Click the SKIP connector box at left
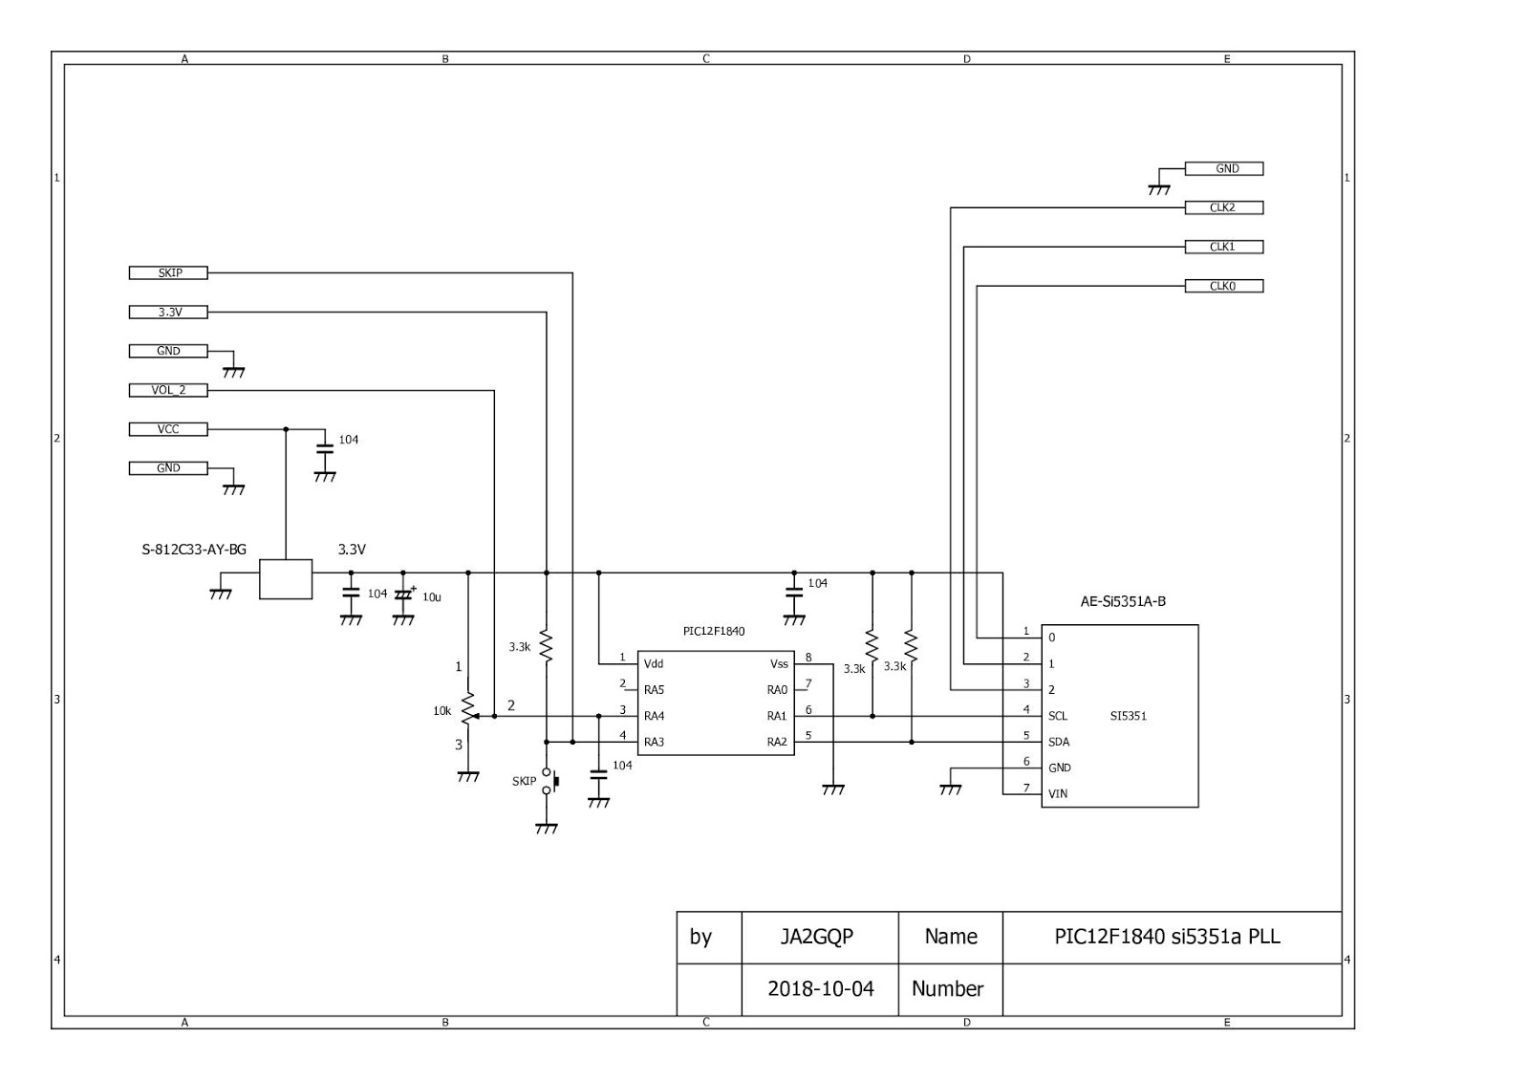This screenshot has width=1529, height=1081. point(168,273)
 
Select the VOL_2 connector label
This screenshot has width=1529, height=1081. point(168,390)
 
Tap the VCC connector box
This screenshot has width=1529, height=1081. point(168,429)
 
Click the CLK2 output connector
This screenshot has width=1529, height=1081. point(1223,207)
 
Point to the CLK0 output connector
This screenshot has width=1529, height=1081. point(1223,286)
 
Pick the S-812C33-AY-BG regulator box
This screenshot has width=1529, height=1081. point(286,579)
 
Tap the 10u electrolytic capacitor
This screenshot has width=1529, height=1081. point(403,595)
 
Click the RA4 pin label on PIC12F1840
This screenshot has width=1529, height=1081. point(655,716)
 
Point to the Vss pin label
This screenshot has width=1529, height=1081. point(779,663)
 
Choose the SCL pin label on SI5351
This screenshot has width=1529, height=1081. point(1058,716)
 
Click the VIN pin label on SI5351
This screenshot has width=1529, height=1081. point(1058,793)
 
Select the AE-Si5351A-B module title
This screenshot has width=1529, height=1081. point(1122,601)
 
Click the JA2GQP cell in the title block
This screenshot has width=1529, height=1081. point(816,937)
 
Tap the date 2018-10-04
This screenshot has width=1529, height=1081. point(820,988)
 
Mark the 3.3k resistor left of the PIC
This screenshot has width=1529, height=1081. point(546,646)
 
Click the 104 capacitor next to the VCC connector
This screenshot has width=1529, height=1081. point(325,445)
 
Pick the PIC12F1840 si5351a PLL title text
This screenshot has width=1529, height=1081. point(1167,937)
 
